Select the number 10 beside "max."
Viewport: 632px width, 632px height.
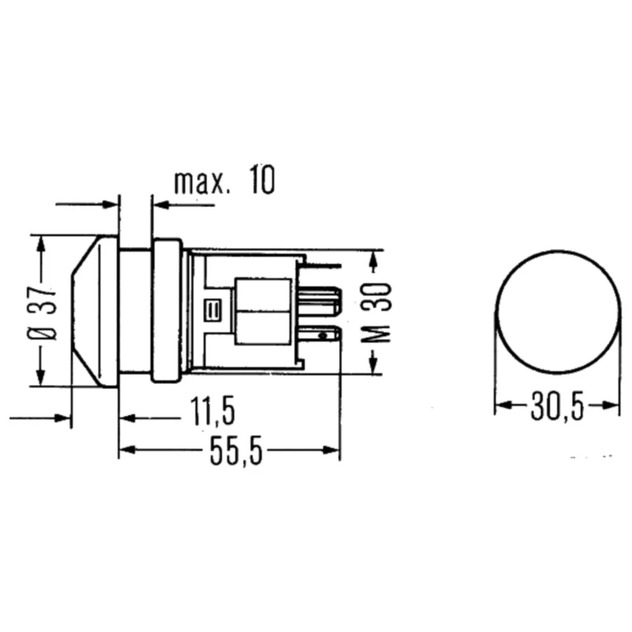(261, 181)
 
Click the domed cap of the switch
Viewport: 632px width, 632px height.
(95, 311)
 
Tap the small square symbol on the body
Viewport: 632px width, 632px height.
(210, 310)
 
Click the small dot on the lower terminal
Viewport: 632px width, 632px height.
(323, 336)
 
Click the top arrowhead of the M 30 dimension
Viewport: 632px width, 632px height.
(374, 257)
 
